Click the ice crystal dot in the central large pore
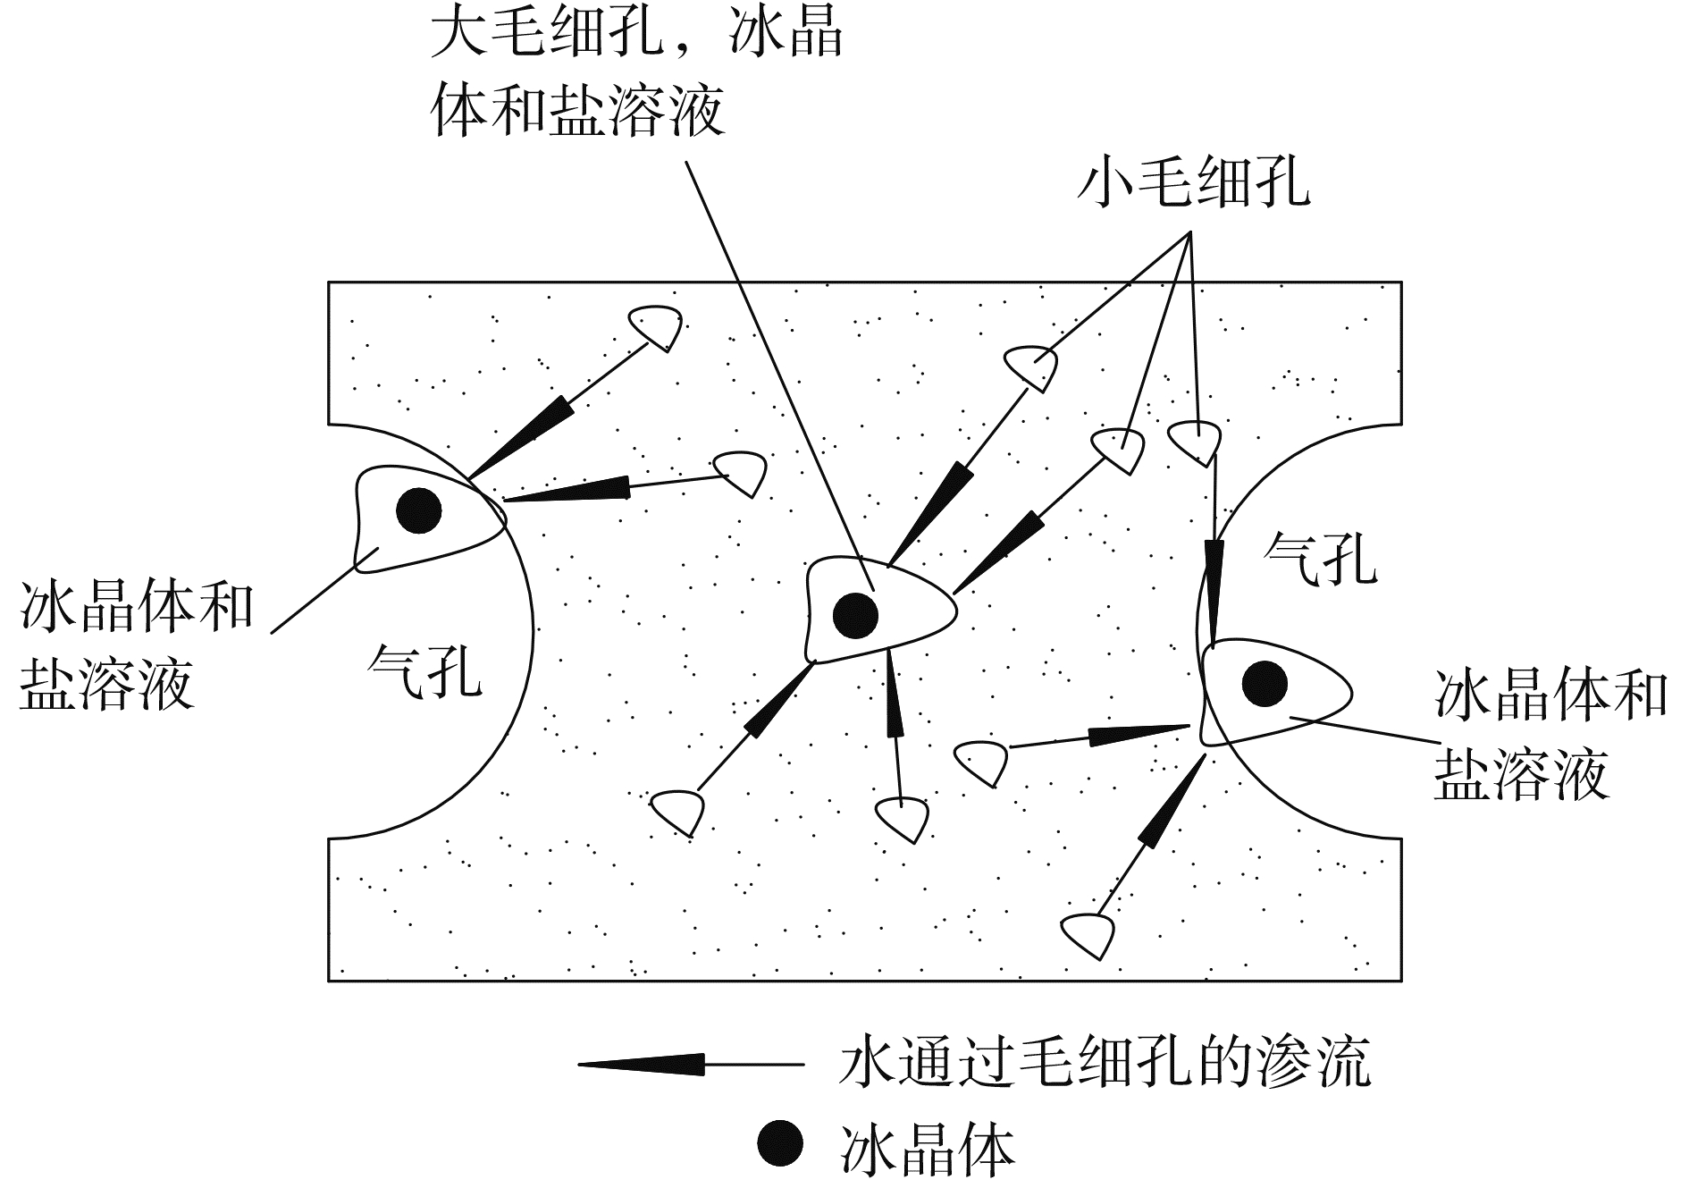[855, 615]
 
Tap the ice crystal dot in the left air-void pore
[418, 511]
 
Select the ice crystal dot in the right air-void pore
[1265, 684]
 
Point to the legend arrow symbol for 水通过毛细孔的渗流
[643, 1064]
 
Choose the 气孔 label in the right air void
[1320, 559]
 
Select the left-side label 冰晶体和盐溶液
[136, 645]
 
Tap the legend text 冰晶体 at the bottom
[928, 1149]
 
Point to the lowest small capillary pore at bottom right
[1089, 933]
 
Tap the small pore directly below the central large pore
[903, 817]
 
